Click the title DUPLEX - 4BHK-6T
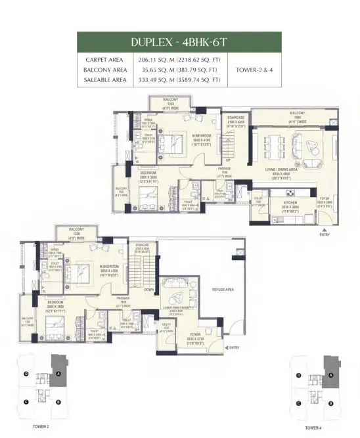pyautogui.click(x=179, y=42)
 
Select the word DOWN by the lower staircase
pyautogui.click(x=149, y=288)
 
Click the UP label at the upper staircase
pyautogui.click(x=228, y=160)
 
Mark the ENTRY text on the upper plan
pyautogui.click(x=325, y=234)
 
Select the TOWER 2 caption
pyautogui.click(x=41, y=426)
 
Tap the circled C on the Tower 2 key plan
pyautogui.click(x=26, y=402)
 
